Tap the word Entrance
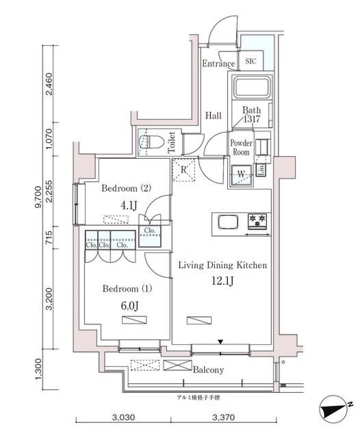[x=218, y=64]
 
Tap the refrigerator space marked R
[x=184, y=170]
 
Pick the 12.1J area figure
[x=218, y=281]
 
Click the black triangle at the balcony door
[x=220, y=341]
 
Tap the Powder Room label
[x=240, y=147]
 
